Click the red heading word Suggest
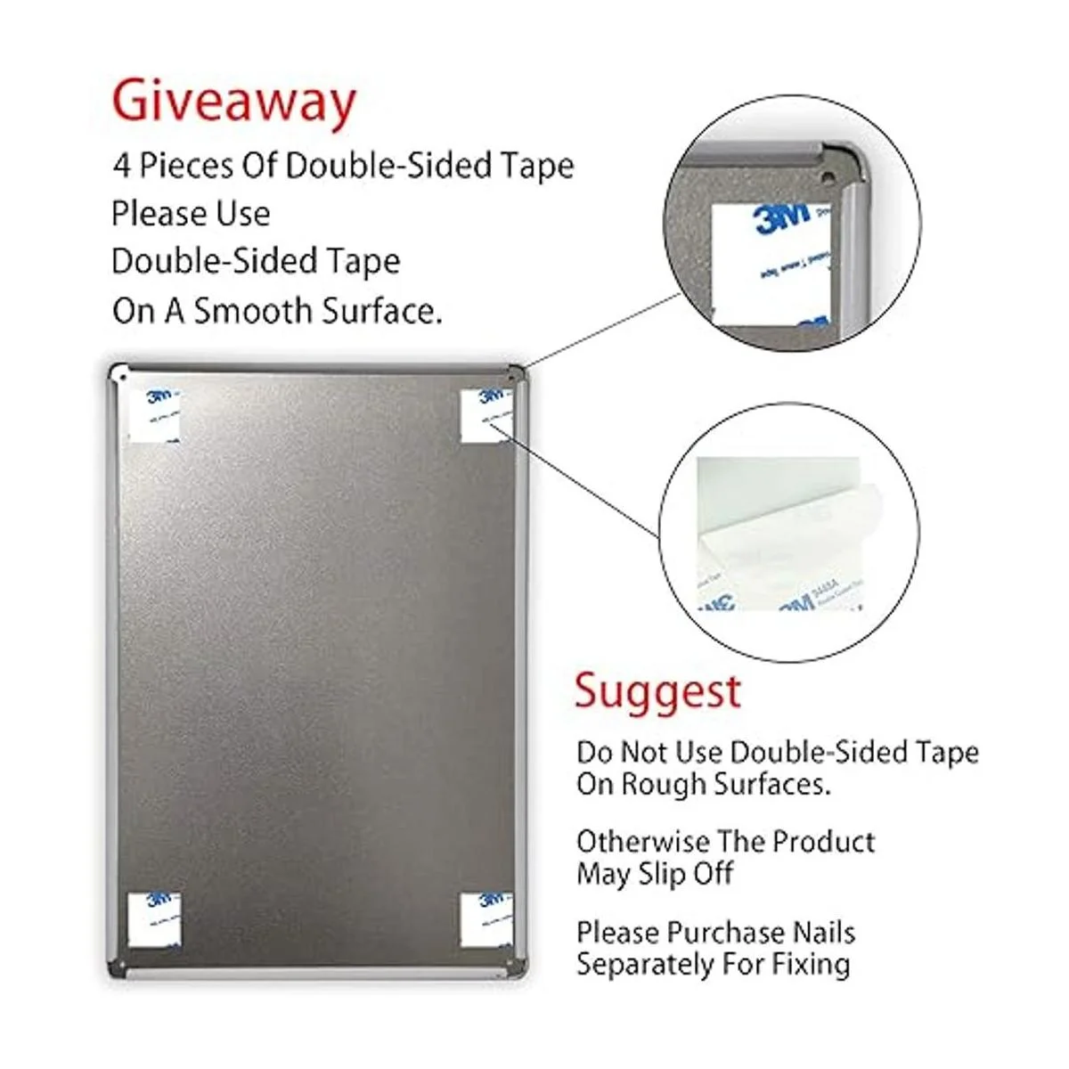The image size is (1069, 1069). click(657, 691)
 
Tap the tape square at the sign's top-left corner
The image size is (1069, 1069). click(154, 415)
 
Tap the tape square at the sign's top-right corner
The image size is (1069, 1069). click(486, 415)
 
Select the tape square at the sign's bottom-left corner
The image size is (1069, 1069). click(154, 919)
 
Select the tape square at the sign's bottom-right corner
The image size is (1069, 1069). click(486, 919)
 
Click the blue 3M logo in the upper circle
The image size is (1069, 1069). click(781, 217)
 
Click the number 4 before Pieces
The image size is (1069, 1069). click(120, 167)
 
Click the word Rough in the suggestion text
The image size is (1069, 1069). click(661, 784)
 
